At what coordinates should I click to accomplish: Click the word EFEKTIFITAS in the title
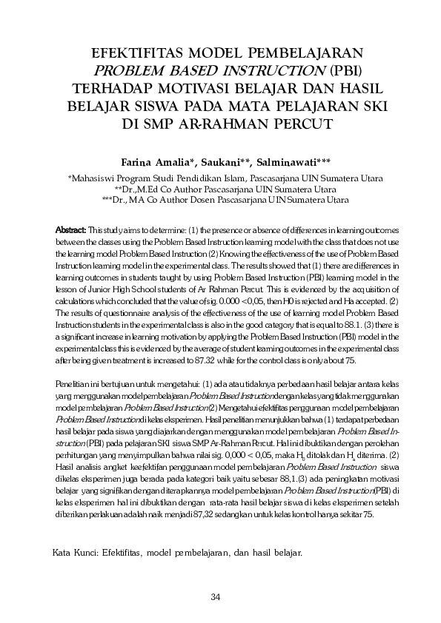[x=137, y=53]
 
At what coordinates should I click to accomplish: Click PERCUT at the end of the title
[x=305, y=122]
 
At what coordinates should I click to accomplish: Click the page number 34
[x=216, y=598]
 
